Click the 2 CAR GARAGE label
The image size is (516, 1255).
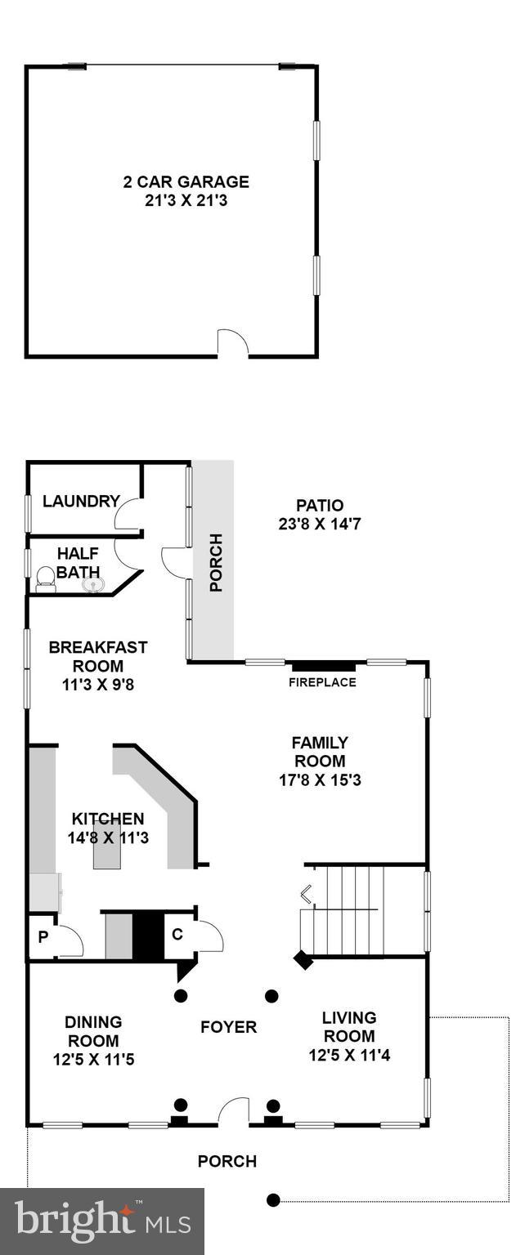click(186, 182)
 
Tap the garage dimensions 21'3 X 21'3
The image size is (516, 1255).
click(186, 199)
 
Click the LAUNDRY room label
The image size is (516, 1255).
click(82, 502)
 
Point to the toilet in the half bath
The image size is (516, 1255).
click(47, 581)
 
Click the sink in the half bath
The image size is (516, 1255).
click(92, 583)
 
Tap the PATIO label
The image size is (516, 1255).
click(319, 506)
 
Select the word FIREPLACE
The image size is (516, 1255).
click(322, 682)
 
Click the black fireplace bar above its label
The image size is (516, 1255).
click(322, 665)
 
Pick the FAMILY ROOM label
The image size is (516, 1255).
click(320, 752)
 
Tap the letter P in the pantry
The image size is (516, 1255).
click(43, 938)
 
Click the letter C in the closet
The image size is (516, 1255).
click(177, 933)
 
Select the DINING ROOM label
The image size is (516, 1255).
click(93, 1031)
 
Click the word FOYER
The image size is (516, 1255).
click(229, 1027)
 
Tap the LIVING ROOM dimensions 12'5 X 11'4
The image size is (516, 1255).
click(349, 1055)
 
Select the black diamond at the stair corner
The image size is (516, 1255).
click(303, 960)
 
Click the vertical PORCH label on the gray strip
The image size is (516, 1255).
click(216, 562)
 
